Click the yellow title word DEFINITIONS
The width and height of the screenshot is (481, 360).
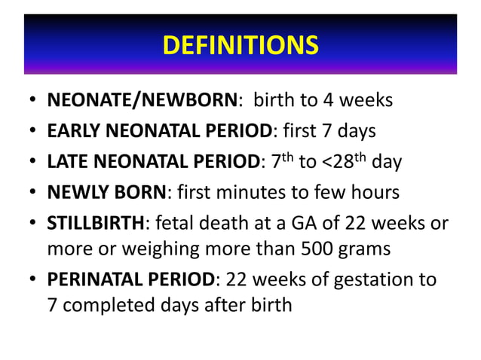(x=240, y=46)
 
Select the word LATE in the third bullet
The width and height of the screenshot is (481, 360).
(x=67, y=162)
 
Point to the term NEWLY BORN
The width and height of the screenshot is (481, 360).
(x=106, y=193)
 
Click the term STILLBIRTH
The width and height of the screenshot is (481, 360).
(x=94, y=224)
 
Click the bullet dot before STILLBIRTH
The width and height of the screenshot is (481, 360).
(x=33, y=224)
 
